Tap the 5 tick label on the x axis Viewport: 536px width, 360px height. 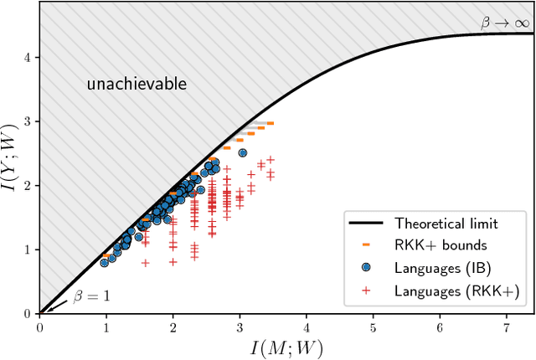click(373, 326)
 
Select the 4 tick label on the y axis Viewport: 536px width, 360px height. click(27, 57)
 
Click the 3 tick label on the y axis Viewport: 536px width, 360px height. click(27, 121)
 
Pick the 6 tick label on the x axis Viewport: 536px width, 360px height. click(440, 326)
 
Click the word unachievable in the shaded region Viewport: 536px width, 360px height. click(137, 85)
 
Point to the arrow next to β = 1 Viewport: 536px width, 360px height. click(52, 306)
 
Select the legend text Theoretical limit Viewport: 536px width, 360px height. click(446, 224)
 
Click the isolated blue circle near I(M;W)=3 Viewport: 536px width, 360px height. click(243, 152)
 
